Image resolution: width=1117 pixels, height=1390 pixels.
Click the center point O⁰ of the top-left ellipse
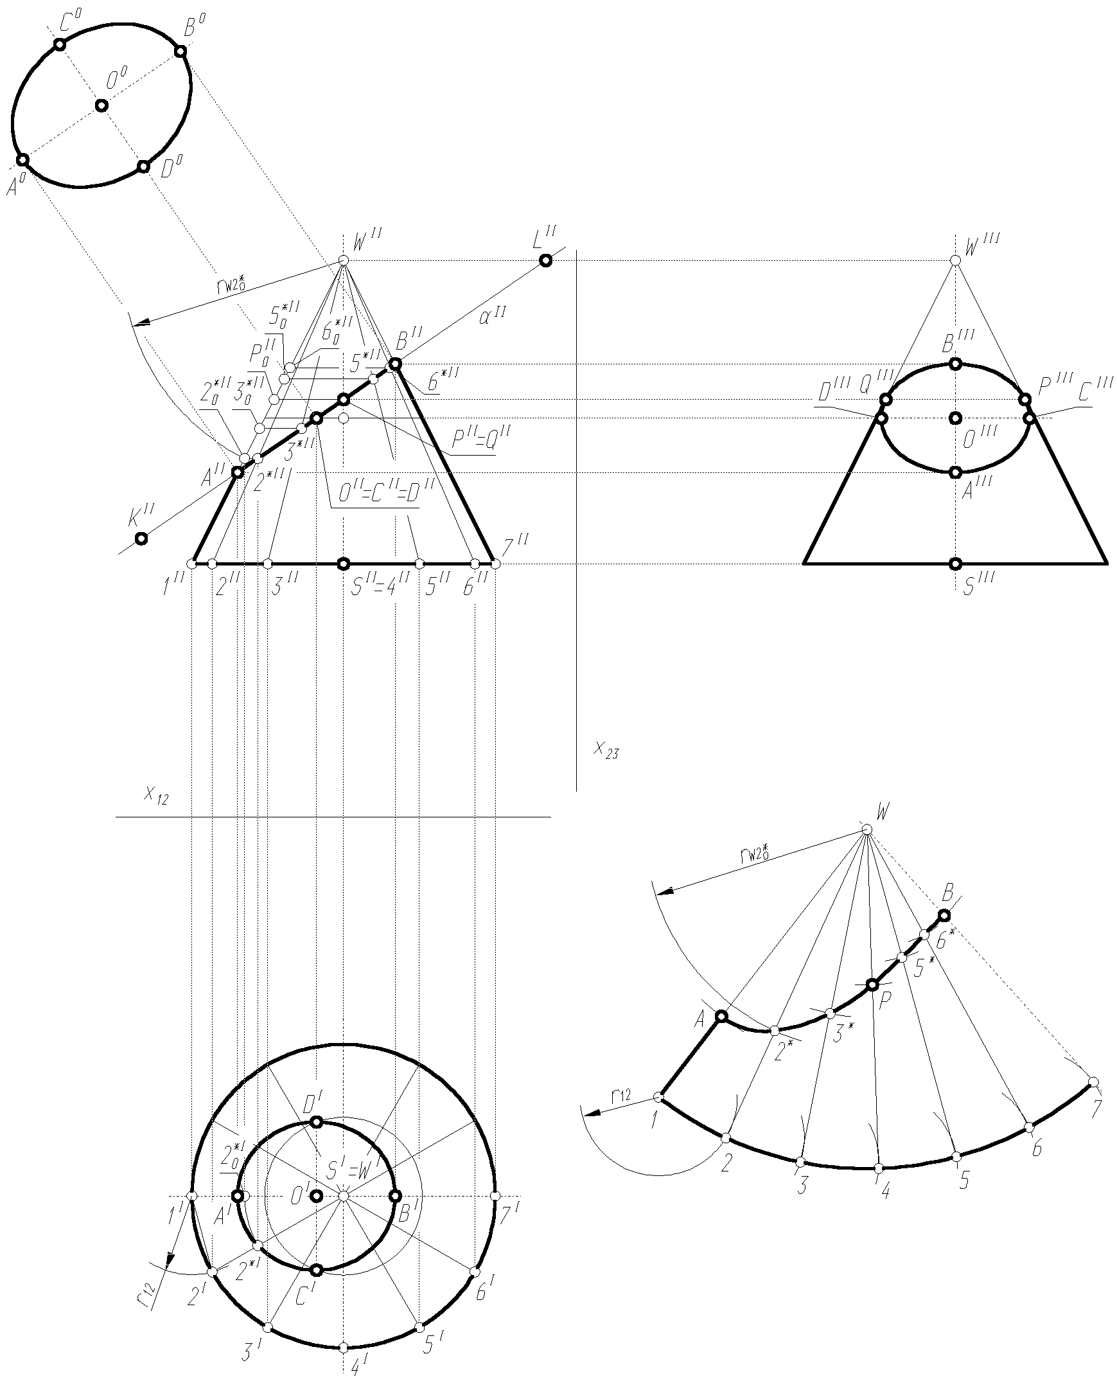tap(101, 105)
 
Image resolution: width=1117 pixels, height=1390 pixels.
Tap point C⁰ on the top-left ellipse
tap(59, 44)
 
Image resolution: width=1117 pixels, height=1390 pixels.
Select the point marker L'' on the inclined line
tap(545, 260)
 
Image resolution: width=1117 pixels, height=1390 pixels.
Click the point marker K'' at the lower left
tap(140, 539)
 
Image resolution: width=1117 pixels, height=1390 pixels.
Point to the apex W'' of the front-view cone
tap(344, 260)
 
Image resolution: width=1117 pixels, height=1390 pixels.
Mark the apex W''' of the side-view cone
tap(955, 260)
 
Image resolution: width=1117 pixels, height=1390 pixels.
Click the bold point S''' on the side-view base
tap(955, 564)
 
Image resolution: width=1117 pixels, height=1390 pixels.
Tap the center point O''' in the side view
tap(955, 418)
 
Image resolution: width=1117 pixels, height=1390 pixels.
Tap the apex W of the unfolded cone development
tap(867, 829)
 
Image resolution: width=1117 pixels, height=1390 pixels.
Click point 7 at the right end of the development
tap(1093, 1081)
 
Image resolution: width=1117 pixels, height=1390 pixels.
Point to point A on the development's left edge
tap(722, 1017)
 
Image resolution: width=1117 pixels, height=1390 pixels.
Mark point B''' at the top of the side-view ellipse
tap(955, 364)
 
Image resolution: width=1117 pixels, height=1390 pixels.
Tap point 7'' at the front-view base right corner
tap(495, 564)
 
